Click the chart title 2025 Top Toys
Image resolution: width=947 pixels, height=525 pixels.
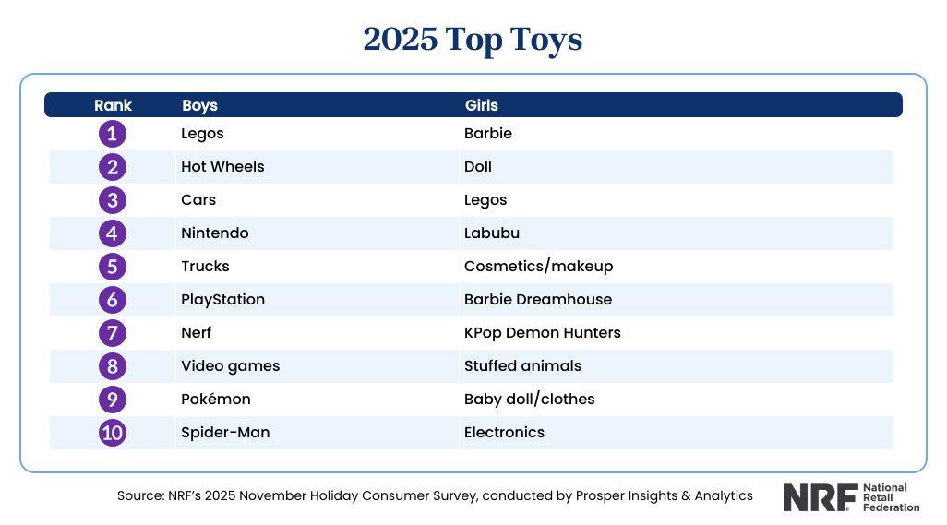pyautogui.click(x=473, y=40)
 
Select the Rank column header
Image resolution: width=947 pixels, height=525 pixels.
pyautogui.click(x=113, y=105)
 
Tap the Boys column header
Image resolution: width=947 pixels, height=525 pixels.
pyautogui.click(x=199, y=105)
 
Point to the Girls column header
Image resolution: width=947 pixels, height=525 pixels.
pyautogui.click(x=482, y=105)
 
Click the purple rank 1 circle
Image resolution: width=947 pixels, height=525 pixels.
pyautogui.click(x=113, y=134)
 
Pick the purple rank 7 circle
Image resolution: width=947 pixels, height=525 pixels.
pyautogui.click(x=113, y=333)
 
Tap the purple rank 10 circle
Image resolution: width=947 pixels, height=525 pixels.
pyautogui.click(x=113, y=433)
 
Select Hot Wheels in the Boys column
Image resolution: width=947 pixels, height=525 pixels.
pyautogui.click(x=222, y=167)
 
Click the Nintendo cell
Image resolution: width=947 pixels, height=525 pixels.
pyautogui.click(x=215, y=233)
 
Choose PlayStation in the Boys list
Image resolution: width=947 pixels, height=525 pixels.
pyautogui.click(x=222, y=300)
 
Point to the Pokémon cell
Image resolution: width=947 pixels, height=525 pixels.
pyautogui.click(x=216, y=400)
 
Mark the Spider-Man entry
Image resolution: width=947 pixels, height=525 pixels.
pyautogui.click(x=225, y=433)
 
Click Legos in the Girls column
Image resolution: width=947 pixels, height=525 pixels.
pyautogui.click(x=485, y=200)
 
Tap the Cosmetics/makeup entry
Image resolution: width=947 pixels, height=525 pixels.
pyautogui.click(x=538, y=267)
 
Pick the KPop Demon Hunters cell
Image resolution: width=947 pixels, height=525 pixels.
pyautogui.click(x=542, y=333)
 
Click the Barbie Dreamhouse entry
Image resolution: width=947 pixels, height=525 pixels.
pyautogui.click(x=538, y=300)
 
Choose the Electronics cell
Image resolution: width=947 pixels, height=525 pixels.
pyautogui.click(x=504, y=433)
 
